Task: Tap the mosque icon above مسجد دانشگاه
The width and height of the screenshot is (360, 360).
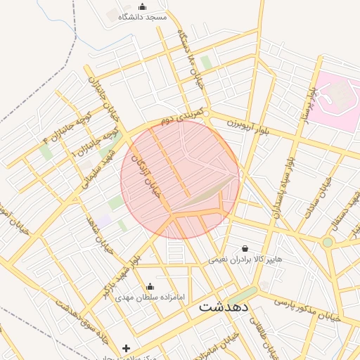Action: click(143, 6)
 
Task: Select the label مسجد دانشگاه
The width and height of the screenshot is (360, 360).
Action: click(143, 16)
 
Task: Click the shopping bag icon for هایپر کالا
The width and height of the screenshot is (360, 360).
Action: click(245, 248)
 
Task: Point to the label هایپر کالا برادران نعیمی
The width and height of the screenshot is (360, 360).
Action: click(245, 259)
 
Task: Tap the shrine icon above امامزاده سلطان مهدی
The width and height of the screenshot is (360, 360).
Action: click(150, 287)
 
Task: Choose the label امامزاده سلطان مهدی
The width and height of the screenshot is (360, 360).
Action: click(150, 297)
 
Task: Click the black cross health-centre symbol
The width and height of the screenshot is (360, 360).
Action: click(126, 348)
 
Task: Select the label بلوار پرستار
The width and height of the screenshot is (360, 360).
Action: click(309, 105)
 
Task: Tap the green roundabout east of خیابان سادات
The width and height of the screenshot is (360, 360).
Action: click(327, 243)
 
